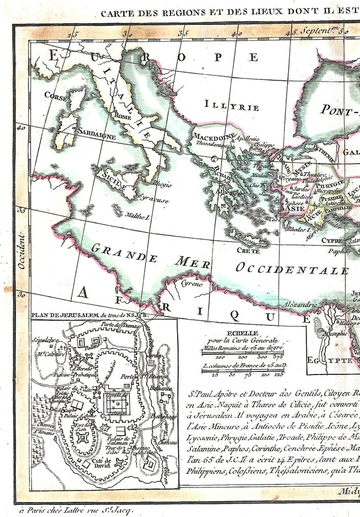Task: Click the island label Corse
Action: pyautogui.click(x=56, y=95)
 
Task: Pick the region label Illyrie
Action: pyautogui.click(x=232, y=107)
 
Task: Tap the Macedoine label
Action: pyautogui.click(x=213, y=136)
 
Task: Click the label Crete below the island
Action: pyautogui.click(x=248, y=251)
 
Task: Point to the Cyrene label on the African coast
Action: pyautogui.click(x=192, y=283)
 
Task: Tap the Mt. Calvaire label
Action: pyautogui.click(x=50, y=354)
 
